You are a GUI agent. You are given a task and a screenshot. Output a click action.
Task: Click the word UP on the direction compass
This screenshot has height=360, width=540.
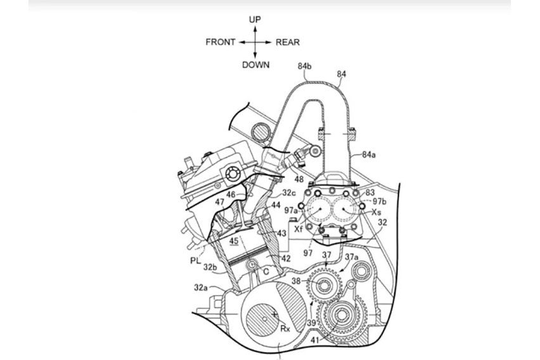(x=255, y=20)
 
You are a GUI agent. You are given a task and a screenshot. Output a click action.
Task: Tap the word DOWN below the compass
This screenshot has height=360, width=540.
(x=255, y=65)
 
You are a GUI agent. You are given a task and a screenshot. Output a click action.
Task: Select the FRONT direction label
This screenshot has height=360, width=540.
(x=221, y=42)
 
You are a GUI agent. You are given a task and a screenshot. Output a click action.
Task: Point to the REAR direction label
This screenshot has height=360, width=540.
(x=288, y=42)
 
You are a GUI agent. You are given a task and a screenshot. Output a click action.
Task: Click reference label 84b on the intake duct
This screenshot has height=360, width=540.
(x=305, y=67)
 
